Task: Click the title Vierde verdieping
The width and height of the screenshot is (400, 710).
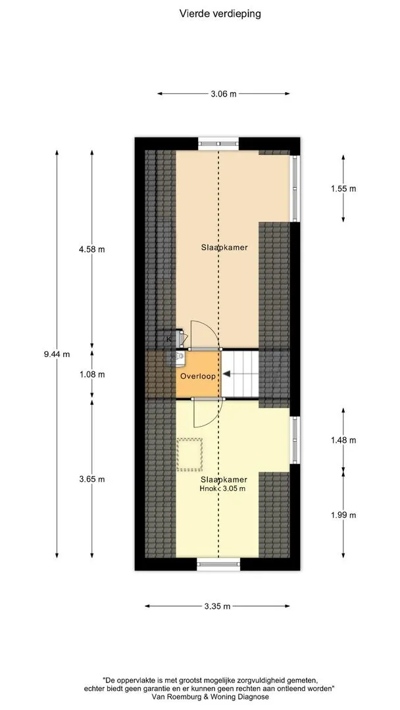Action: (220, 14)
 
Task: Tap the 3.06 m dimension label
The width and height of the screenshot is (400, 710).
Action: (224, 94)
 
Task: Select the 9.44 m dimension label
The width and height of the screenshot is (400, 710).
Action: (57, 354)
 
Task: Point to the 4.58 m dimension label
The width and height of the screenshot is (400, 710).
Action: (92, 250)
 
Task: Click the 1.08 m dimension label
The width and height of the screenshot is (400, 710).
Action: (92, 375)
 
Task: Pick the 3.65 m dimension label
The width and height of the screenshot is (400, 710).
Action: (92, 479)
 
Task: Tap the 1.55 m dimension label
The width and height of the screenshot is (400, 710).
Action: (343, 189)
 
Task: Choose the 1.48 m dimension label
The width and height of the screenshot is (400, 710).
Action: (343, 440)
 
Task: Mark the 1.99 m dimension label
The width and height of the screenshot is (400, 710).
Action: (343, 515)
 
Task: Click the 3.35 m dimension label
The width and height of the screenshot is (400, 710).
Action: (218, 606)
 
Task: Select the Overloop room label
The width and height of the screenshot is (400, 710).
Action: (197, 376)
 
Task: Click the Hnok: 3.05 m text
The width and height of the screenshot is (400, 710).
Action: (222, 488)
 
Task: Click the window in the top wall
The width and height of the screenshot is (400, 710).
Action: (218, 144)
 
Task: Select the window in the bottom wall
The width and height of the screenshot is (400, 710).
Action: (218, 564)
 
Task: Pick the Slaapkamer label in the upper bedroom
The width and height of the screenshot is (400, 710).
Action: (224, 247)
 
